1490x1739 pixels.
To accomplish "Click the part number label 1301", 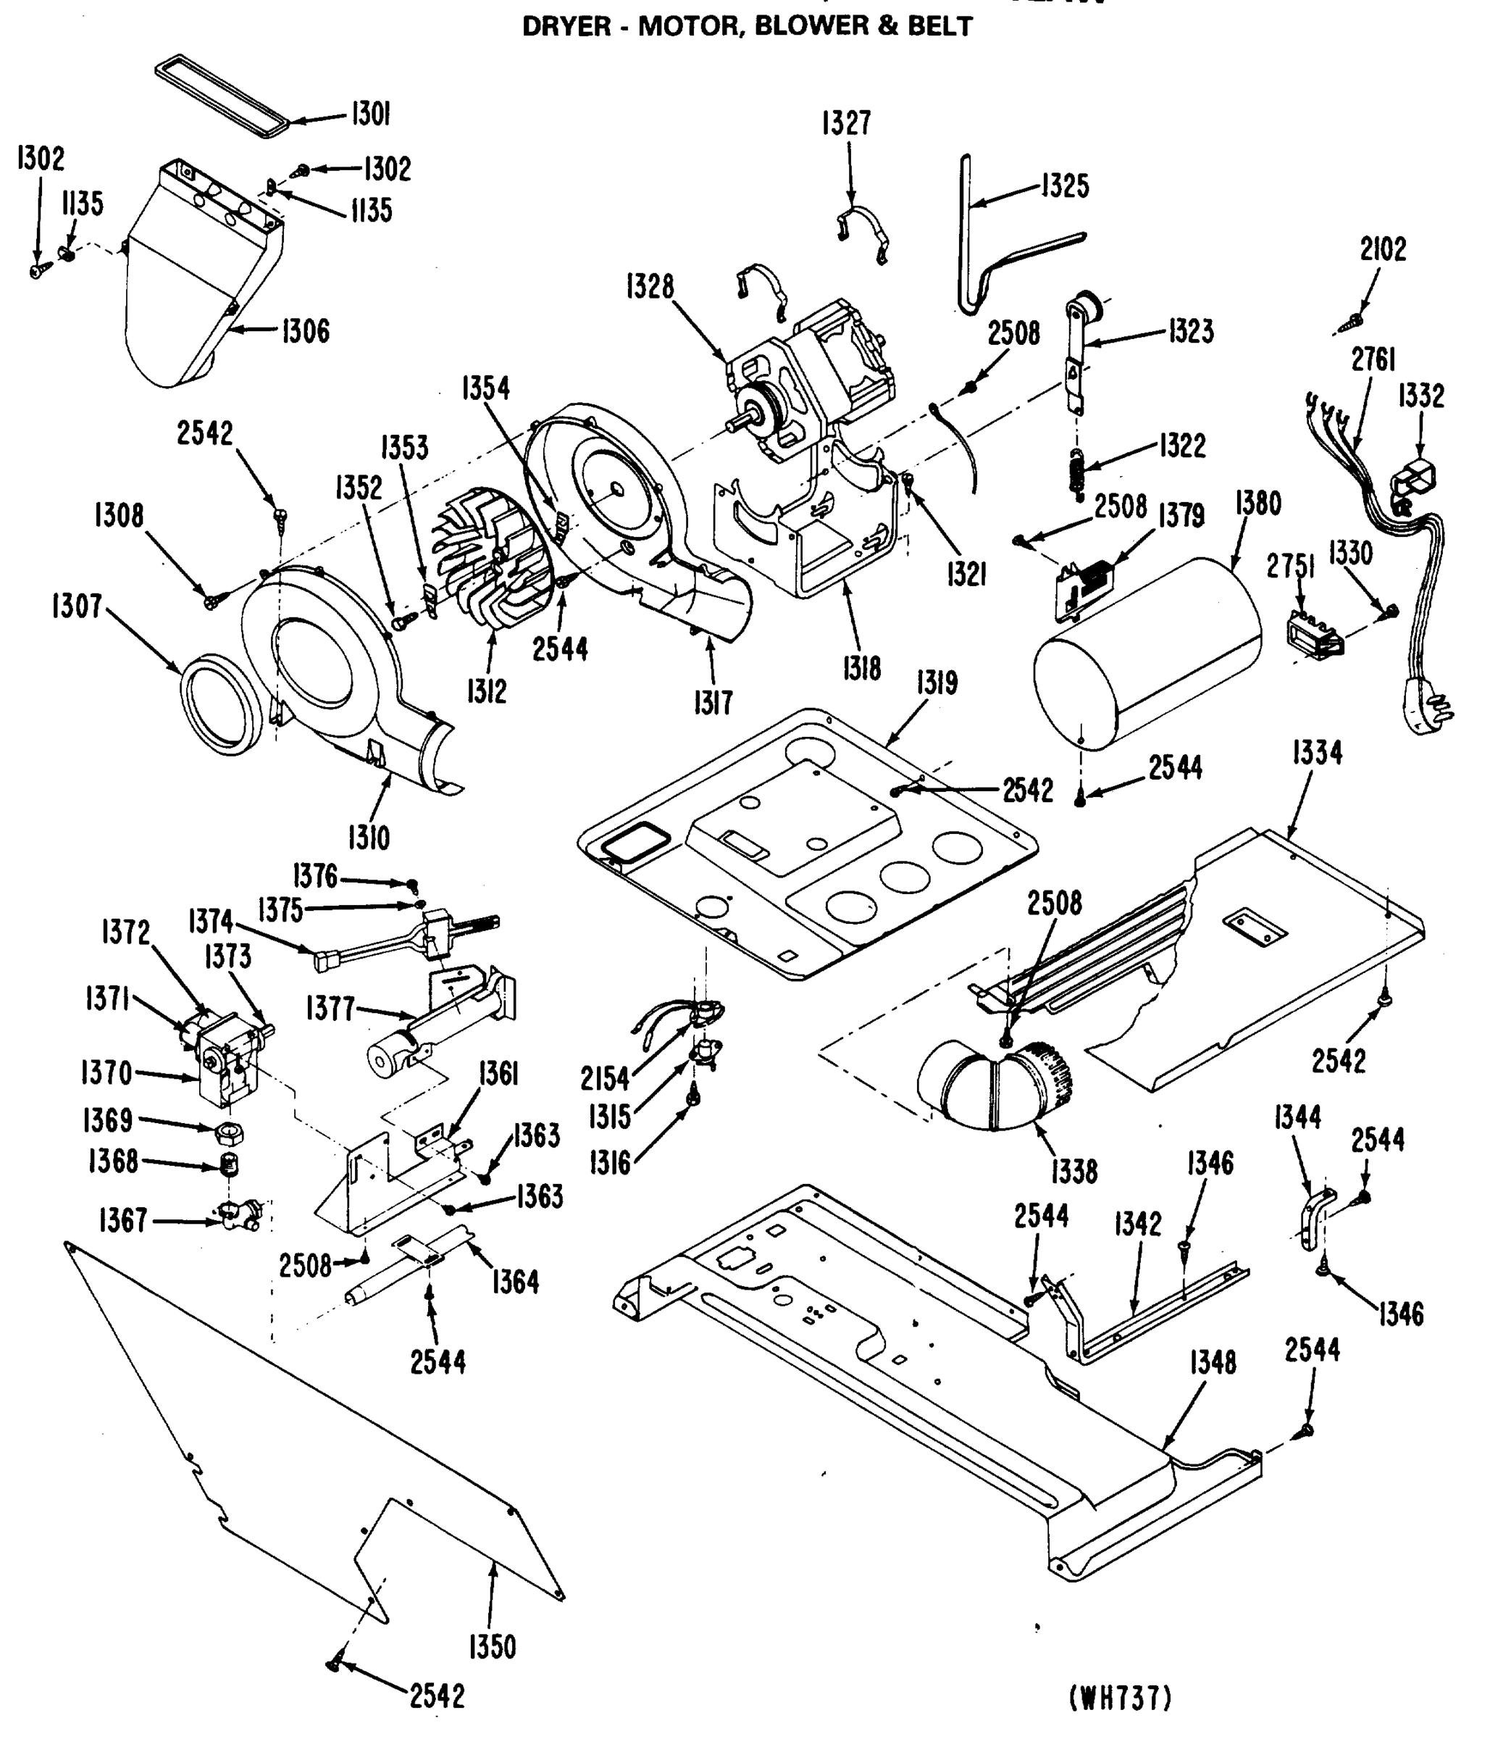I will coord(370,113).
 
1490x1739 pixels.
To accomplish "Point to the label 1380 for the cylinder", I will coord(1257,504).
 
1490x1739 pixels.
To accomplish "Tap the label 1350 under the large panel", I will coord(493,1647).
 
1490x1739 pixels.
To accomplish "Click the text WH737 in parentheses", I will coord(1120,1698).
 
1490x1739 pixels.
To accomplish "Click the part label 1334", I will coord(1316,753).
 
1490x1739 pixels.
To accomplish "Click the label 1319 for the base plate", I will coord(937,683).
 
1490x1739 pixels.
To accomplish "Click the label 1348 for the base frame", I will coord(1213,1363).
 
